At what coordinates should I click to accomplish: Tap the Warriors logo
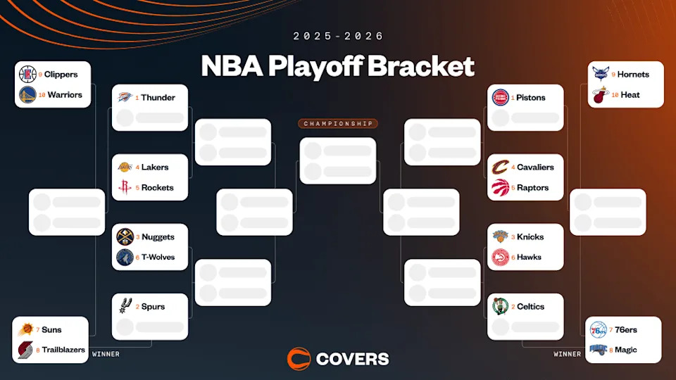pyautogui.click(x=27, y=94)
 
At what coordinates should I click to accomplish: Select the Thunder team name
pyautogui.click(x=158, y=98)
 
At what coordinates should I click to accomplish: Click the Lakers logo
pyautogui.click(x=125, y=167)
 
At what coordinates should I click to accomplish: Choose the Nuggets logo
pyautogui.click(x=125, y=237)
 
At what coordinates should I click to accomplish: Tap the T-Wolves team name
pyautogui.click(x=158, y=258)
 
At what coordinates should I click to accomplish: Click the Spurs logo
pyautogui.click(x=125, y=307)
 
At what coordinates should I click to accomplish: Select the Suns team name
pyautogui.click(x=51, y=330)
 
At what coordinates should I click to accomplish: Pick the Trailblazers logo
pyautogui.click(x=26, y=350)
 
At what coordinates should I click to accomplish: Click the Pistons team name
pyautogui.click(x=531, y=98)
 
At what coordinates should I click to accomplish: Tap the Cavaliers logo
pyautogui.click(x=500, y=167)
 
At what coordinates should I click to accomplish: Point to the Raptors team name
pyautogui.click(x=533, y=188)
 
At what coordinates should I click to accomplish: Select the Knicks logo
pyautogui.click(x=500, y=237)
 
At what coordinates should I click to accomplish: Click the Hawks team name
pyautogui.click(x=530, y=258)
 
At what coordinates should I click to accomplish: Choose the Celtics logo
pyautogui.click(x=500, y=307)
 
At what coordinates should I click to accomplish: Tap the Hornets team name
pyautogui.click(x=633, y=75)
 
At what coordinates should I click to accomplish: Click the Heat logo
pyautogui.click(x=599, y=94)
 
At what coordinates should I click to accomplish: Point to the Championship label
pyautogui.click(x=338, y=124)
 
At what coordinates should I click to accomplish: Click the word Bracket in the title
pyautogui.click(x=420, y=67)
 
